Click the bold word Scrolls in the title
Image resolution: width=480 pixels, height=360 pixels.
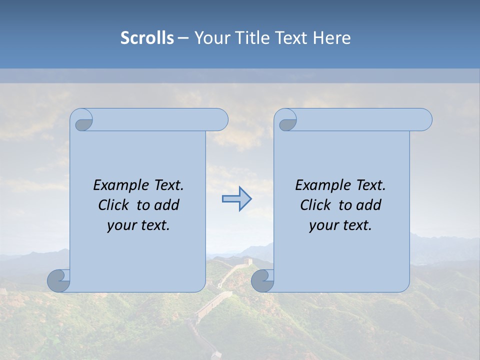coord(147,38)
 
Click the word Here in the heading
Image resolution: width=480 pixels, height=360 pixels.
coord(332,38)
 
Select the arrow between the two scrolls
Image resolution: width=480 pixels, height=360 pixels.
coord(236,199)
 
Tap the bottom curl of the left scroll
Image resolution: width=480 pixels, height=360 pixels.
coord(58,280)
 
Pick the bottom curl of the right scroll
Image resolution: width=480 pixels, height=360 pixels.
coord(262,280)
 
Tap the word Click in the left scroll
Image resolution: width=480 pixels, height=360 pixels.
coord(114,205)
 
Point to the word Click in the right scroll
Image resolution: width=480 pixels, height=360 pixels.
coord(316,205)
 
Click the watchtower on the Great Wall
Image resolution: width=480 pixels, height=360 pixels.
coord(247,261)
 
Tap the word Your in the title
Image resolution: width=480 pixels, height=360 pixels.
coord(210,38)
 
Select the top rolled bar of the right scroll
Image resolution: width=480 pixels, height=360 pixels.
coord(360,119)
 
